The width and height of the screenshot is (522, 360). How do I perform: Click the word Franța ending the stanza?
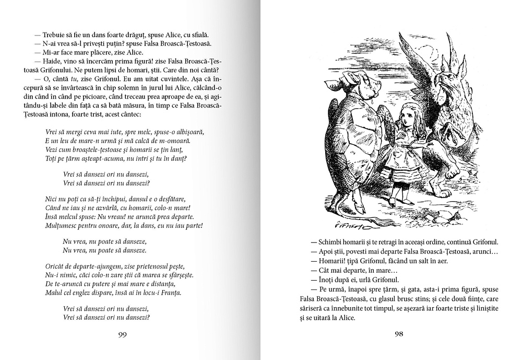click(x=169, y=293)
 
